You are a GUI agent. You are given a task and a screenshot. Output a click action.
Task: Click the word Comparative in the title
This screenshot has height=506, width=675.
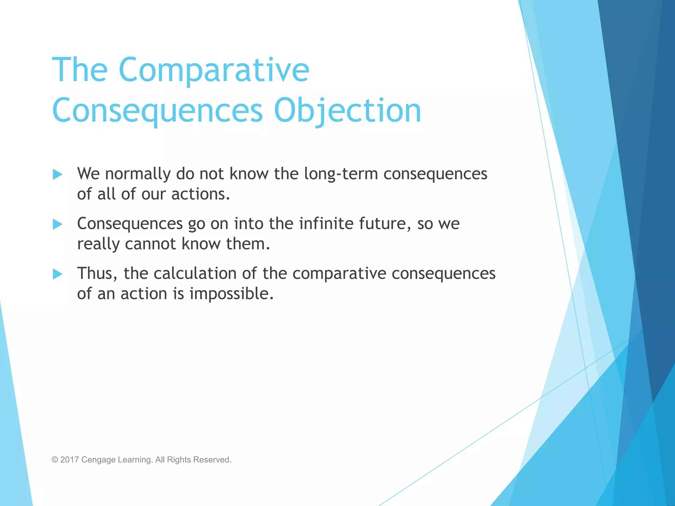tap(214, 70)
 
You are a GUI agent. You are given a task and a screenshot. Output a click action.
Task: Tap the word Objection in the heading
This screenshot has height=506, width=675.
tap(347, 111)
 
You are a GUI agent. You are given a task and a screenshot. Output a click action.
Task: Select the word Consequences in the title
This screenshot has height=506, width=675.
tap(157, 111)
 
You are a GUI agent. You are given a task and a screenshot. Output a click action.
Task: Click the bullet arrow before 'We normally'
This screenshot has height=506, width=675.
tap(58, 174)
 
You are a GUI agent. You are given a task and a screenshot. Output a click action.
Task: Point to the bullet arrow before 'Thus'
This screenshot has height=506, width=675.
tap(58, 274)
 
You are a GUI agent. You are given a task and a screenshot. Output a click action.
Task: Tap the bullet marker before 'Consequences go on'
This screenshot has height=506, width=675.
tap(58, 224)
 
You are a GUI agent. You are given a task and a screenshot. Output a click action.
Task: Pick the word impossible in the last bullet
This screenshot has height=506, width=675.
tap(231, 294)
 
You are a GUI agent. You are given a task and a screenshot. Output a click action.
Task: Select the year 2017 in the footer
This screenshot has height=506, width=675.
tap(70, 460)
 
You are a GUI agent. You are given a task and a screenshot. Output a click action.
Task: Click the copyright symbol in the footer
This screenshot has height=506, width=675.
tap(55, 460)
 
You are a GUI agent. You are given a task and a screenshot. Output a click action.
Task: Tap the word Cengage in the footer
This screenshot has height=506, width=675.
tap(98, 460)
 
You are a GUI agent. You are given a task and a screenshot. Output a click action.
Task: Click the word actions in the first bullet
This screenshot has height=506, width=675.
tap(200, 194)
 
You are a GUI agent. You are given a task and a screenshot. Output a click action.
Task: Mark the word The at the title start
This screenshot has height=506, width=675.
tap(80, 70)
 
